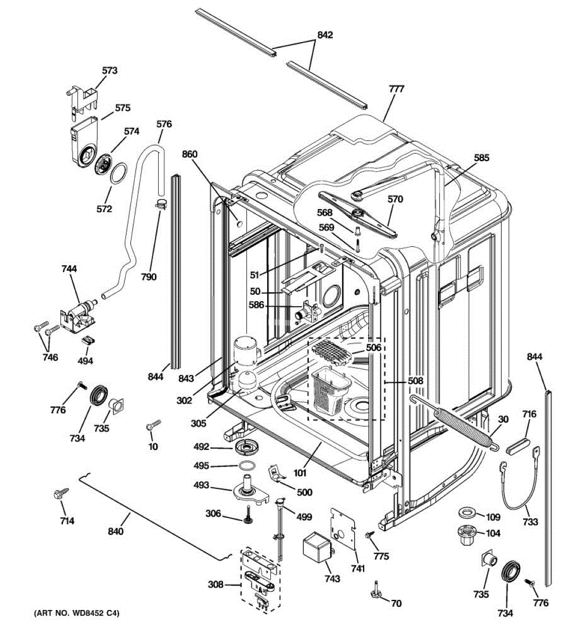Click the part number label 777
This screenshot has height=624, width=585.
(x=396, y=89)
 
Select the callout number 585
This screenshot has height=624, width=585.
(x=482, y=158)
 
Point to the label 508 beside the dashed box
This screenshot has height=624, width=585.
(x=415, y=381)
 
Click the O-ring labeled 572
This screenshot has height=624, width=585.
(x=119, y=173)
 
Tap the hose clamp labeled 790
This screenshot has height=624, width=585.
(x=161, y=204)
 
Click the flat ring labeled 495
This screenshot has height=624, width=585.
(x=247, y=465)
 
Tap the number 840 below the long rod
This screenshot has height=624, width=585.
(x=116, y=531)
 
